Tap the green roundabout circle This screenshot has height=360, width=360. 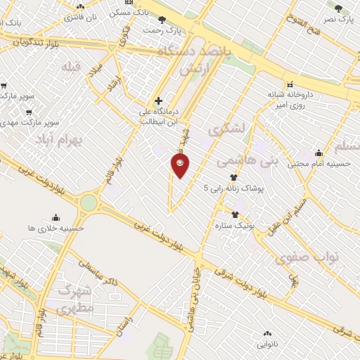[x=89, y=203]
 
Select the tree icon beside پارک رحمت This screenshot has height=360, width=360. [x=162, y=20]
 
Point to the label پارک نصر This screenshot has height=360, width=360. [x=337, y=18]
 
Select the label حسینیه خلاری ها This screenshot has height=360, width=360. [x=56, y=228]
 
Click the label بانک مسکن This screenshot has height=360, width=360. [x=130, y=13]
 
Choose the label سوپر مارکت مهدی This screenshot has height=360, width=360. [x=27, y=122]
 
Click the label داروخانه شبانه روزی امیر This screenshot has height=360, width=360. [x=289, y=99]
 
